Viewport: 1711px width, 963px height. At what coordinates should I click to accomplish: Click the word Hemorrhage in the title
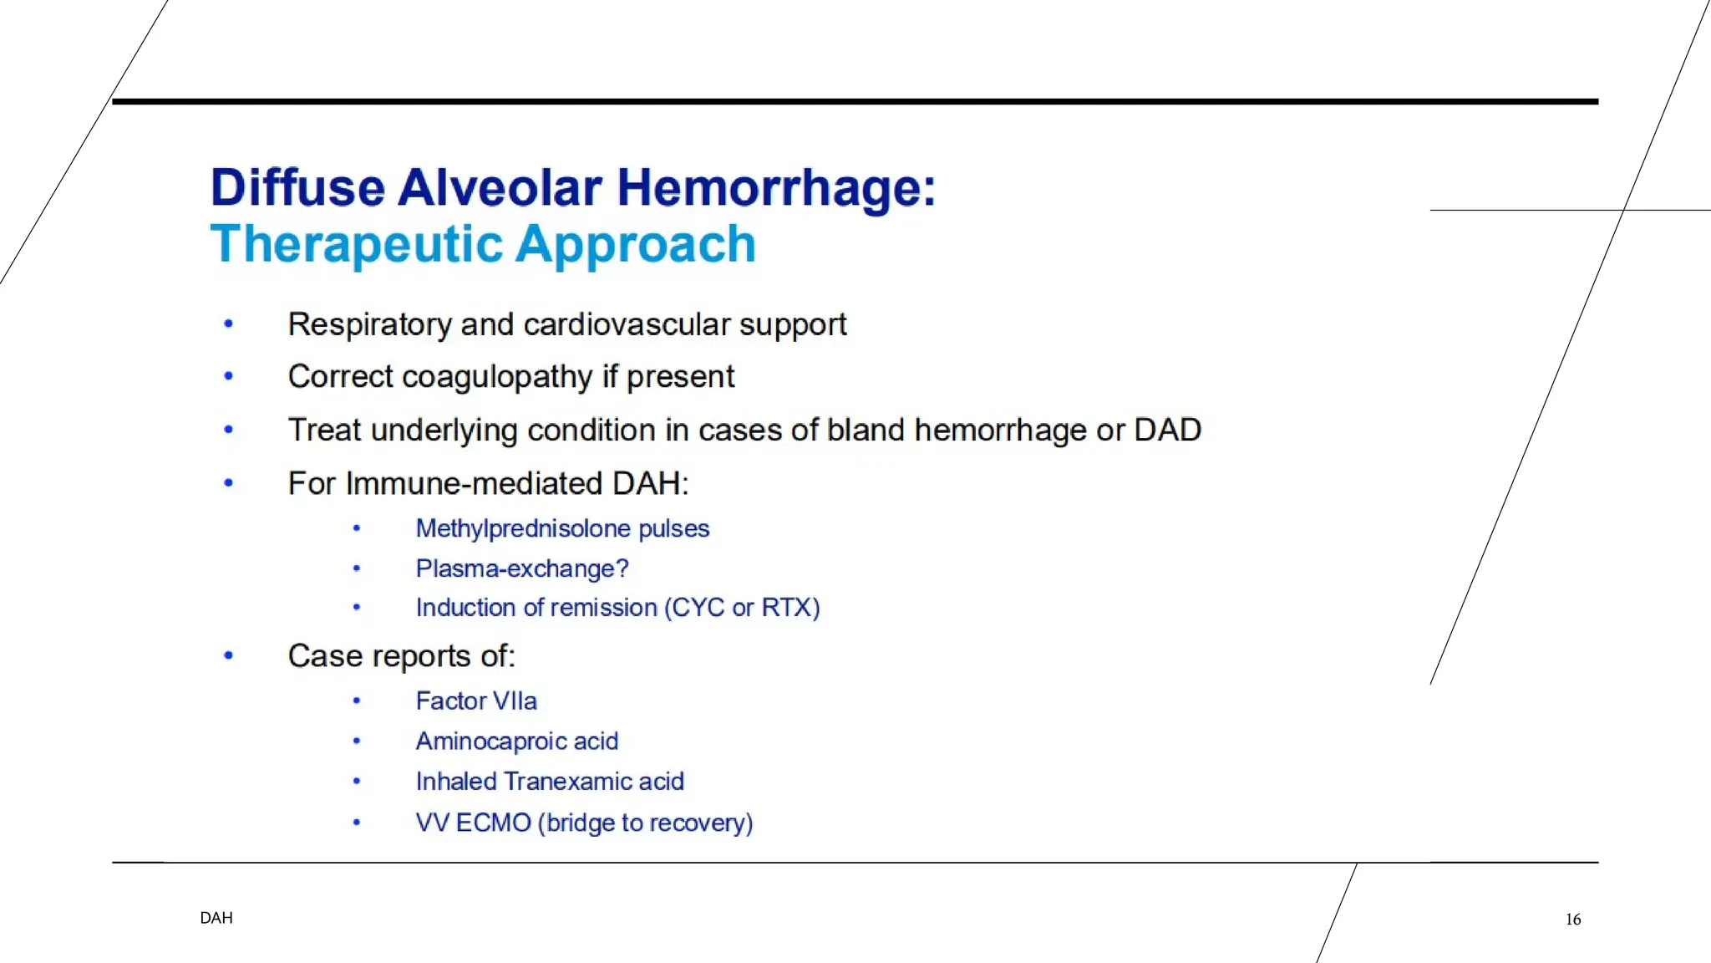tap(775, 187)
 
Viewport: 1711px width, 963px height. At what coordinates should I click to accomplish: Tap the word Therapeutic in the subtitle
tap(357, 244)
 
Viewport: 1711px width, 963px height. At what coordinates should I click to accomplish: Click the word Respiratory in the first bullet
tap(369, 324)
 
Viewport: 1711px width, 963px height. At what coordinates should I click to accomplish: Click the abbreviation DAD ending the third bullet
tap(1167, 430)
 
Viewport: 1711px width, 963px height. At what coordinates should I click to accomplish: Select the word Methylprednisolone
tap(523, 528)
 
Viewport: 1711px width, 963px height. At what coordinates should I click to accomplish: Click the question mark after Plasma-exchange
tap(622, 568)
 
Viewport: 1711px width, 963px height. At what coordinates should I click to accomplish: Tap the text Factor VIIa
tap(476, 701)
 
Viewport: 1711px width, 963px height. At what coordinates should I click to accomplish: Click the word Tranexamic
tap(569, 781)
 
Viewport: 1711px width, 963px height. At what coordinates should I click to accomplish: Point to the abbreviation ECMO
tap(493, 823)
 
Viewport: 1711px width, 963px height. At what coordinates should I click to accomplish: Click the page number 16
tap(1573, 920)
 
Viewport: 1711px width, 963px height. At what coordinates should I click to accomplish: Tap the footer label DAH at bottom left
tap(216, 918)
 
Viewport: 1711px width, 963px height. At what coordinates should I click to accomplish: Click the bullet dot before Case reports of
tap(228, 656)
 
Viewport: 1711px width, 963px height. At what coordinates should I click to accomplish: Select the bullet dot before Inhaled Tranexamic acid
tap(357, 781)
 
